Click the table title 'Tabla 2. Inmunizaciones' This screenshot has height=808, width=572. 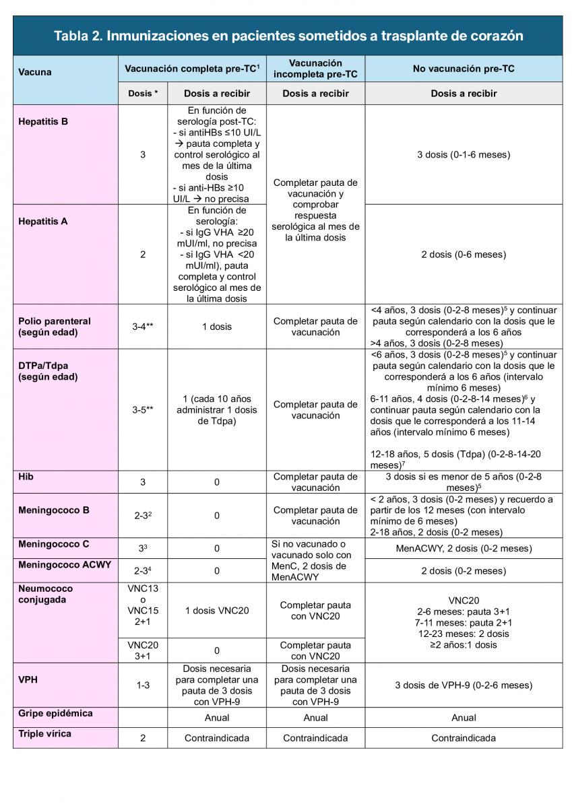[x=288, y=36]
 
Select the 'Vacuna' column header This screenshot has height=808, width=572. [x=35, y=72]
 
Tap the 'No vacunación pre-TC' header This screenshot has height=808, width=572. [x=464, y=69]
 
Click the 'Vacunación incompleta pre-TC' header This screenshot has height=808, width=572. [x=315, y=69]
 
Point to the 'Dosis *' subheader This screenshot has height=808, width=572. [x=143, y=94]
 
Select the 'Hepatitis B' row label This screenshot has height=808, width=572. [x=44, y=122]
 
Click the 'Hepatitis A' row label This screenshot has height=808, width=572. [x=44, y=221]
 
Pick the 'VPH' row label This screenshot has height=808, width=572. [x=28, y=679]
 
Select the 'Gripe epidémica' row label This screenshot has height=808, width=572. [x=55, y=713]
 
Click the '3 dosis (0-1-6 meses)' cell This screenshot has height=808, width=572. [x=464, y=155]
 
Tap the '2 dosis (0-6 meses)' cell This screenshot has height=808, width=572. [x=464, y=255]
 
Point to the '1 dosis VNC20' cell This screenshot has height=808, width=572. [x=217, y=611]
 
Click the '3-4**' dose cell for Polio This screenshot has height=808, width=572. [x=143, y=327]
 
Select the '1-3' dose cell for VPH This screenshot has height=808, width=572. [x=143, y=685]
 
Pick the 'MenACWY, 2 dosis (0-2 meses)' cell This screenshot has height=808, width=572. [x=464, y=548]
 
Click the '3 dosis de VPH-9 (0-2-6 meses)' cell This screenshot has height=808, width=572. [x=464, y=685]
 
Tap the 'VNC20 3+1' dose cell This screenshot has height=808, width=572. [x=143, y=650]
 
